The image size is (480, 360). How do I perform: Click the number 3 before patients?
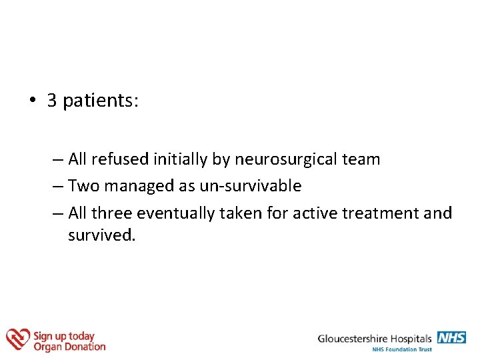(52, 101)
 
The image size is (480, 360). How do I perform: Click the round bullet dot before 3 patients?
(31, 101)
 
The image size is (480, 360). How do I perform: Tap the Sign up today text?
(64, 336)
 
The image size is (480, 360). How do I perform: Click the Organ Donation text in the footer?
(69, 347)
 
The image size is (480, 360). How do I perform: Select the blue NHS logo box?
(451, 337)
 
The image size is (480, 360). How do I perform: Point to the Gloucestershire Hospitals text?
(375, 339)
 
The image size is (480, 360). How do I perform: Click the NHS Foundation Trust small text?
(402, 349)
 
